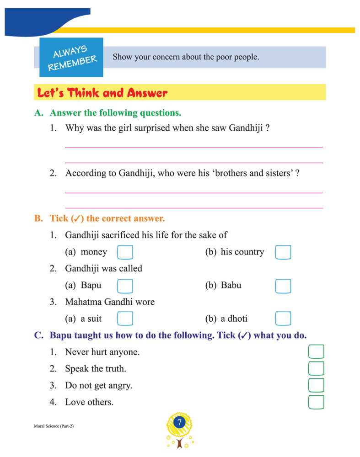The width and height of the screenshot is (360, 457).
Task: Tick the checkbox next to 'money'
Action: tap(125, 252)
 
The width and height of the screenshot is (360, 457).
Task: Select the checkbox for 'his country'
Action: tap(283, 252)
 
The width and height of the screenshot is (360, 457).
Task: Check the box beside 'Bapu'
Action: tap(125, 286)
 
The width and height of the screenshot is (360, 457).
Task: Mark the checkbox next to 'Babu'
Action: tap(283, 286)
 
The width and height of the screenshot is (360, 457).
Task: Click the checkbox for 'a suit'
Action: tap(125, 319)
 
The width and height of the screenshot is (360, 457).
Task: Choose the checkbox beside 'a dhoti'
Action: tap(283, 319)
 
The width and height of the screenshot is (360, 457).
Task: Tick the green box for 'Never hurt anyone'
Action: tap(316, 352)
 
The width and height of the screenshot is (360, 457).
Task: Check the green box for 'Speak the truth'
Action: tap(316, 368)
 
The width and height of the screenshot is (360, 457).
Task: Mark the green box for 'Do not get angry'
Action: tap(316, 385)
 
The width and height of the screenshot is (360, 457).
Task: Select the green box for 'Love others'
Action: tap(316, 402)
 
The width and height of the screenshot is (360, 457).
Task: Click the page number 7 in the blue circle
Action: tap(180, 423)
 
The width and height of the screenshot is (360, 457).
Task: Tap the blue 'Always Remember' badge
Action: tap(72, 58)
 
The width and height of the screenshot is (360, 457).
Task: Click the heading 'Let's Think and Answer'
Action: tap(102, 93)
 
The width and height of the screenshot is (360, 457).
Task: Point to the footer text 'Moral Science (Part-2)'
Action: tap(54, 426)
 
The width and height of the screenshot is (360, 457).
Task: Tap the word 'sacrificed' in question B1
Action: tap(123, 235)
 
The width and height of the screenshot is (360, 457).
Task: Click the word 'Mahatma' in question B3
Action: tap(83, 302)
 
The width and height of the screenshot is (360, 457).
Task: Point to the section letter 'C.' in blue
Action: tap(39, 335)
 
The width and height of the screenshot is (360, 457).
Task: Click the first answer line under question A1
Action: tap(194, 147)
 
